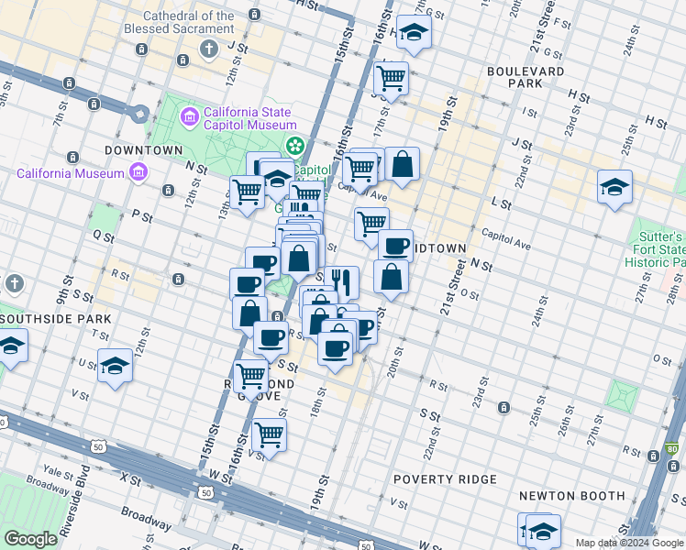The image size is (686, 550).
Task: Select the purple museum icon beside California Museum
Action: [x=138, y=171]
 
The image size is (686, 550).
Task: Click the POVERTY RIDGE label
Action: [x=445, y=479]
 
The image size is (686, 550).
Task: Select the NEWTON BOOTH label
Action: [x=571, y=496]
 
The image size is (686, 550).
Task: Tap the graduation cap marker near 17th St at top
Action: [x=414, y=33]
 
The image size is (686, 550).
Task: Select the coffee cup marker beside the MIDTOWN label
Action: [x=395, y=245]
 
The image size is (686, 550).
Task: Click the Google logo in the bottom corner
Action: [x=30, y=539]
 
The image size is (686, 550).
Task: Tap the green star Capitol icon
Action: [x=295, y=145]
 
